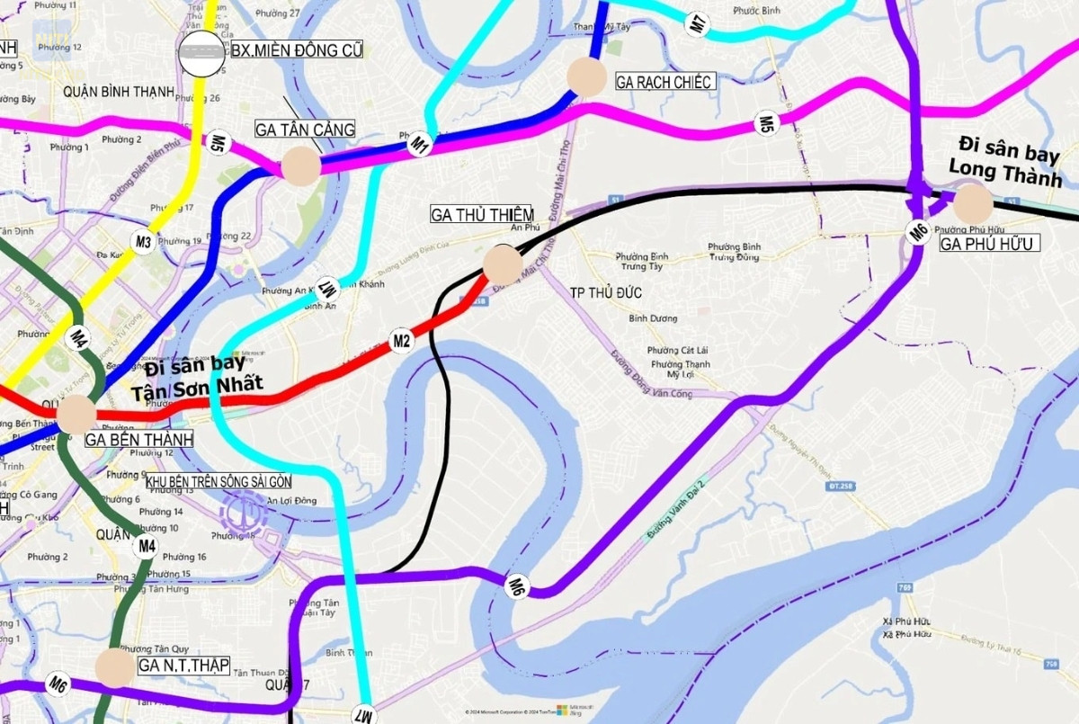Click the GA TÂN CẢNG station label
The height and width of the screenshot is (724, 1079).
point(305,130)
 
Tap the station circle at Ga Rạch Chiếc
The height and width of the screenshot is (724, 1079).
point(587,77)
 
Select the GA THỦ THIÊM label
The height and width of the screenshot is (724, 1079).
point(482,214)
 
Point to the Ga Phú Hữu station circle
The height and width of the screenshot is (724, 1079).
point(972,204)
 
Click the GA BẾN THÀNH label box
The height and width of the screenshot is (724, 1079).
point(138,440)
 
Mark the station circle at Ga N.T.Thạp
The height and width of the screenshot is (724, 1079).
point(114,667)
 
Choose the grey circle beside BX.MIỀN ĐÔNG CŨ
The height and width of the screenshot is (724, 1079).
point(201,52)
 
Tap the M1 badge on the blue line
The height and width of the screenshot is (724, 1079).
point(420,142)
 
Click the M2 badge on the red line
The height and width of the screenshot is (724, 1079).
point(401,341)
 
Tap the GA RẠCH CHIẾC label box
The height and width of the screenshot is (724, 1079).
point(664,82)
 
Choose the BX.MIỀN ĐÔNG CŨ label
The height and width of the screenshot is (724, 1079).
point(297,51)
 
